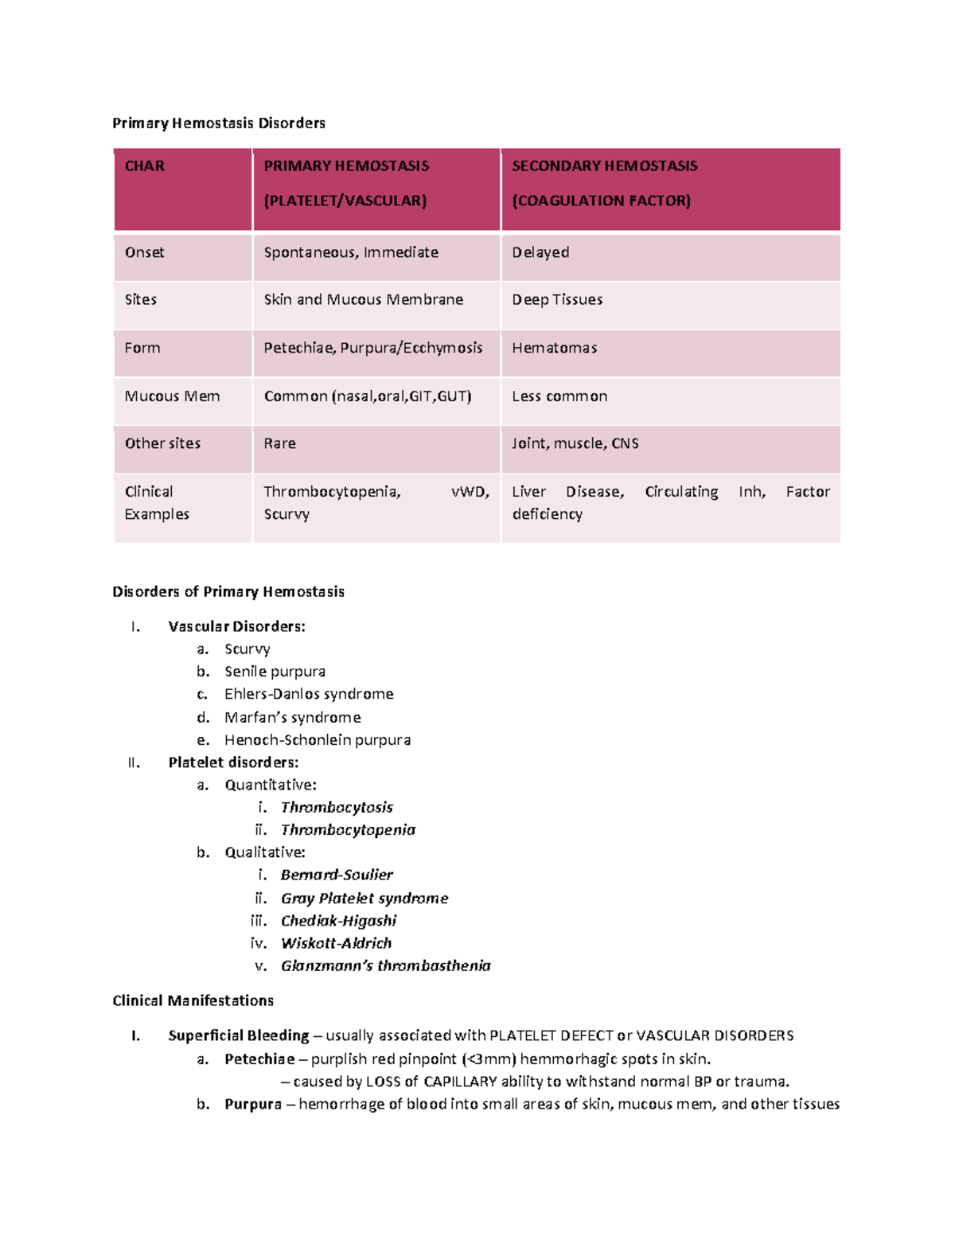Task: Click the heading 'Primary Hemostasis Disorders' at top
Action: [219, 123]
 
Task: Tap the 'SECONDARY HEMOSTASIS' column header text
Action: [604, 166]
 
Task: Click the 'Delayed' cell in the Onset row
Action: [540, 252]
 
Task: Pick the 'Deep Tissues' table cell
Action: [557, 300]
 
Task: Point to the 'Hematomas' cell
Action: [554, 348]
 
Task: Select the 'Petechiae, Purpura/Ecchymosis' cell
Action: [372, 348]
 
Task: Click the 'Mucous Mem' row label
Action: [172, 396]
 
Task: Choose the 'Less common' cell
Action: [559, 396]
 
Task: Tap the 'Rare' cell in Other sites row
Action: [279, 443]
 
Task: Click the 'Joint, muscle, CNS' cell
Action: [575, 443]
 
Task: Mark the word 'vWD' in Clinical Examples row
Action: [469, 492]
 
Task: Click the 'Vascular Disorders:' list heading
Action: [236, 626]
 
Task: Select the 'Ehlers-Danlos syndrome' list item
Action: [309, 694]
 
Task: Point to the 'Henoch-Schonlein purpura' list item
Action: [318, 740]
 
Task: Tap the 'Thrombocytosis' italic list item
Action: [337, 807]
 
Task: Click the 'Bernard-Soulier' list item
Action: [337, 875]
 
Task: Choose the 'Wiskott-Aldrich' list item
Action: [336, 943]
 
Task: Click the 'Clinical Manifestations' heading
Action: [193, 1000]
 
